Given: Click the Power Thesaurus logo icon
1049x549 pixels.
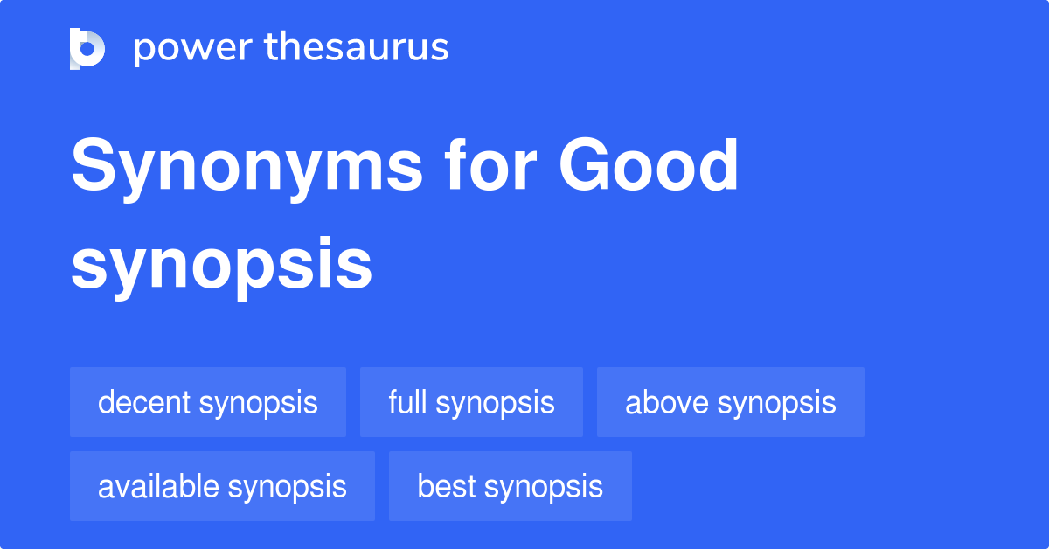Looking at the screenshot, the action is click(x=87, y=49).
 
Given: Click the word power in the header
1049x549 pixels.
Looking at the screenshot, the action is click(x=193, y=48).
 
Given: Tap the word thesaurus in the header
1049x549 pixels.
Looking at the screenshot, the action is click(x=357, y=46).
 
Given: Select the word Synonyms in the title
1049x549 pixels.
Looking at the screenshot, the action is click(x=247, y=169).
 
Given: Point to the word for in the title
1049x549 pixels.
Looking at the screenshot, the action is click(x=490, y=164).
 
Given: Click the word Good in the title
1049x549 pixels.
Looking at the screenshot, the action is click(x=648, y=164).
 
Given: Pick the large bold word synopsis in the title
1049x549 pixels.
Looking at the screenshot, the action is click(x=221, y=268).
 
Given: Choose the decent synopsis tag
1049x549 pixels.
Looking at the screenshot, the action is click(x=208, y=402).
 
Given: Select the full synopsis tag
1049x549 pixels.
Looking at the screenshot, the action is click(x=471, y=402).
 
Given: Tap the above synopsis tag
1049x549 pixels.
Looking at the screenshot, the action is click(x=731, y=402).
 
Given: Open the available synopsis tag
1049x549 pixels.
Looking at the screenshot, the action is click(x=222, y=486).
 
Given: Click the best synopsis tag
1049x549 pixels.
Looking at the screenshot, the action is click(x=511, y=486).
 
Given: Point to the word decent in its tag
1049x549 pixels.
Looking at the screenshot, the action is click(x=144, y=402).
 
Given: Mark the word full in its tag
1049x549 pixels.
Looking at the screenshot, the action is click(x=408, y=401).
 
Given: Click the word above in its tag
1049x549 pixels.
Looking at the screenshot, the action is click(x=667, y=402).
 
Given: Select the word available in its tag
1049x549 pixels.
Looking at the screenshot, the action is click(x=158, y=486).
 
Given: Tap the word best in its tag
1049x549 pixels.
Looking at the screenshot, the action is click(x=447, y=486).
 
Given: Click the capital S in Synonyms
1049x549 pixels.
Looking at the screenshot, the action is click(x=94, y=164).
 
